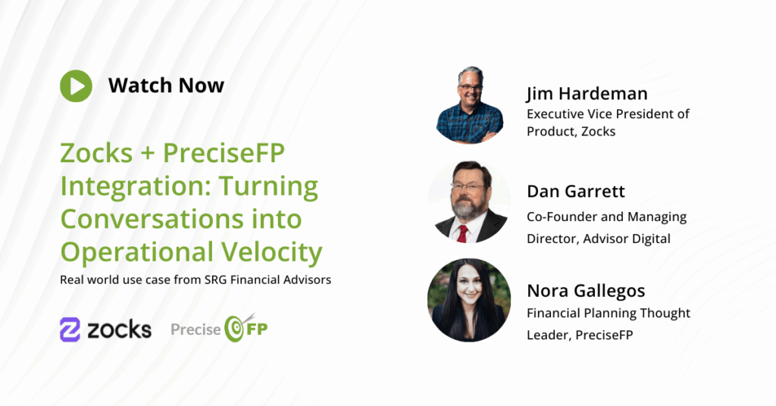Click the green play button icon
coord(77,86)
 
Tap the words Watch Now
coord(166,86)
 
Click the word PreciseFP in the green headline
coord(224,152)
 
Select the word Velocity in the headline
coord(272,252)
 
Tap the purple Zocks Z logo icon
coord(70,329)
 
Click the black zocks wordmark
coord(119,329)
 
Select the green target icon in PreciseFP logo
coord(235,329)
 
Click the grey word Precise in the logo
coord(196,329)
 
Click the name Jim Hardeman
coord(587,93)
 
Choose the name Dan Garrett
coord(576,192)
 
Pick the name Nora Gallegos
coord(586,291)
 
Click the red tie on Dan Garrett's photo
coord(462,233)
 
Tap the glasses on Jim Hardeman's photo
coord(469,89)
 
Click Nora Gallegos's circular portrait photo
coord(469,300)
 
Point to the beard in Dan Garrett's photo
coord(466,209)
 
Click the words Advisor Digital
coord(627,239)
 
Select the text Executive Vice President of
coord(608,114)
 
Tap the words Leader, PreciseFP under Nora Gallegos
coord(580,336)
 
